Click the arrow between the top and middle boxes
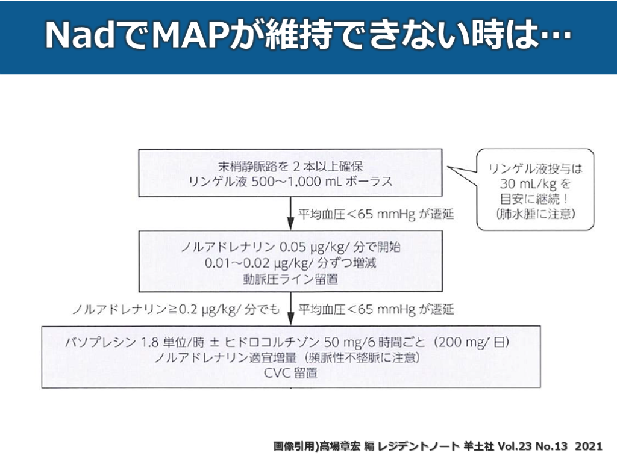point(291,213)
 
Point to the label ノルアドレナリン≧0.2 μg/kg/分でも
point(176,310)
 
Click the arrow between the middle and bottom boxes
point(291,309)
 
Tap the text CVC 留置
point(291,374)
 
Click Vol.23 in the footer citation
point(512,446)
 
